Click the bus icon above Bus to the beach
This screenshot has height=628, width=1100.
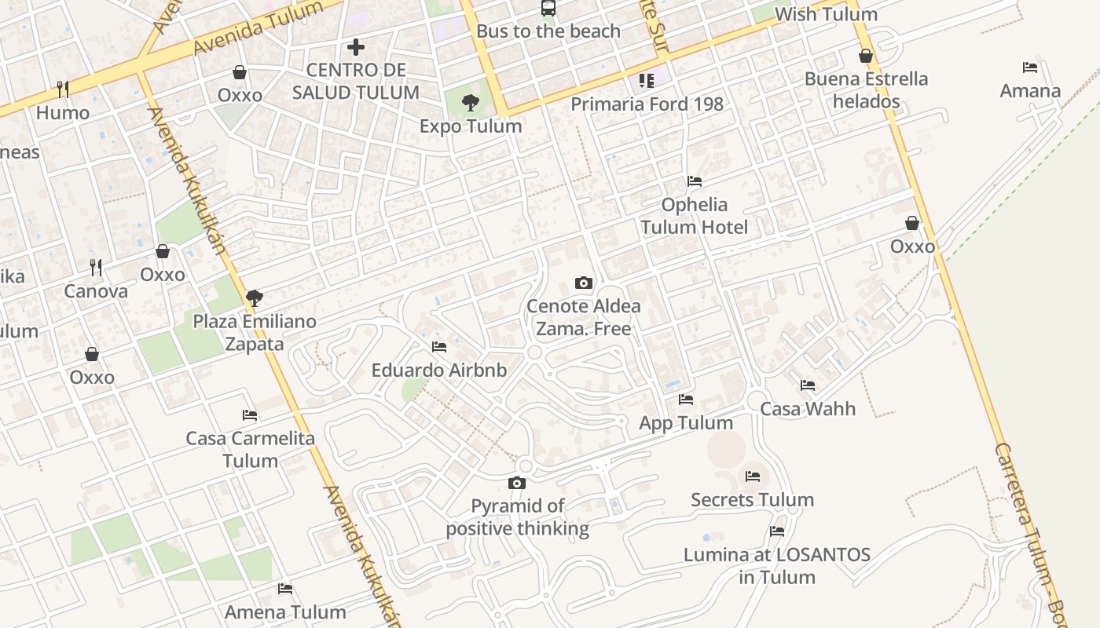click(548, 9)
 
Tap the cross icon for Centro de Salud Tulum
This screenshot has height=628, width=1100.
click(356, 47)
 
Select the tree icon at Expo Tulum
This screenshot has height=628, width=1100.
click(471, 102)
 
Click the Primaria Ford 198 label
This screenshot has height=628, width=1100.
click(647, 104)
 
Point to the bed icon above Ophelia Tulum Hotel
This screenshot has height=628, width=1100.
click(695, 181)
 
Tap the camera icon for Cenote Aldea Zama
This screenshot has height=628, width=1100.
click(583, 283)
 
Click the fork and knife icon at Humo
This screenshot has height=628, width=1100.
click(63, 89)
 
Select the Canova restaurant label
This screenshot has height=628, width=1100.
click(96, 291)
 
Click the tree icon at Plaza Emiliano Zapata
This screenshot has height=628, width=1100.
click(254, 298)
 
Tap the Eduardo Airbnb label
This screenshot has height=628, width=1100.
click(439, 370)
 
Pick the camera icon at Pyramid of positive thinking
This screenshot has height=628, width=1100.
click(516, 483)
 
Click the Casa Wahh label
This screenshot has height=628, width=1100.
click(808, 408)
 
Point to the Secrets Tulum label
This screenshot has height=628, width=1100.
click(752, 499)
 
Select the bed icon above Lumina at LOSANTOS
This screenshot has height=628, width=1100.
click(777, 531)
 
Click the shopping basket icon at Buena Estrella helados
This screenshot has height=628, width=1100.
click(866, 56)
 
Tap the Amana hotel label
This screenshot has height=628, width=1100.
click(1030, 90)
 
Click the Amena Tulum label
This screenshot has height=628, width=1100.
click(285, 612)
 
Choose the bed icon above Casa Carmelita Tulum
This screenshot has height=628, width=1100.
click(250, 415)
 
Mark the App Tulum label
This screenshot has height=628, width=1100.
click(686, 422)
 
